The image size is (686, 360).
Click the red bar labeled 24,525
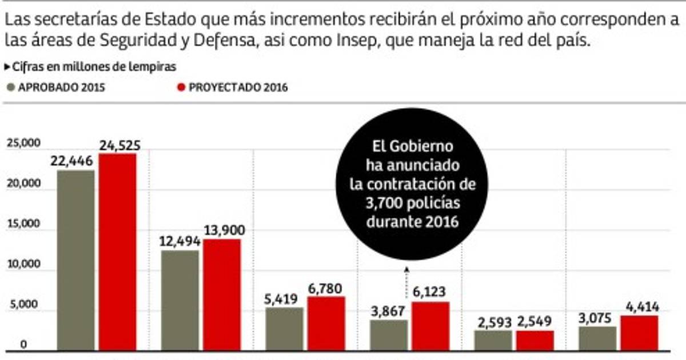click(x=117, y=251)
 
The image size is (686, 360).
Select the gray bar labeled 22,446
click(x=76, y=260)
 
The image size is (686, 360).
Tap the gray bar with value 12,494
click(x=180, y=300)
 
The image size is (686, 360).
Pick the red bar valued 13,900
click(x=222, y=294)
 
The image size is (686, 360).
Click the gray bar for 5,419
click(x=284, y=329)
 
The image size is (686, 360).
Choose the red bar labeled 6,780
click(x=326, y=323)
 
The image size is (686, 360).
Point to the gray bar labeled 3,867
click(x=389, y=335)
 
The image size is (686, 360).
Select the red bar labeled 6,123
click(x=430, y=326)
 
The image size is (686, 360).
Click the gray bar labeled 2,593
click(x=493, y=340)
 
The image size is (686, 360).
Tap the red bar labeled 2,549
click(x=535, y=340)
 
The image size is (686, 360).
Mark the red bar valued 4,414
click(x=639, y=333)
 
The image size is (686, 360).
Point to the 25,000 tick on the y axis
click(x=23, y=143)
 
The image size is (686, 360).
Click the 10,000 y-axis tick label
click(x=23, y=265)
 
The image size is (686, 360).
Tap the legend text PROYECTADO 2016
click(x=238, y=87)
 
